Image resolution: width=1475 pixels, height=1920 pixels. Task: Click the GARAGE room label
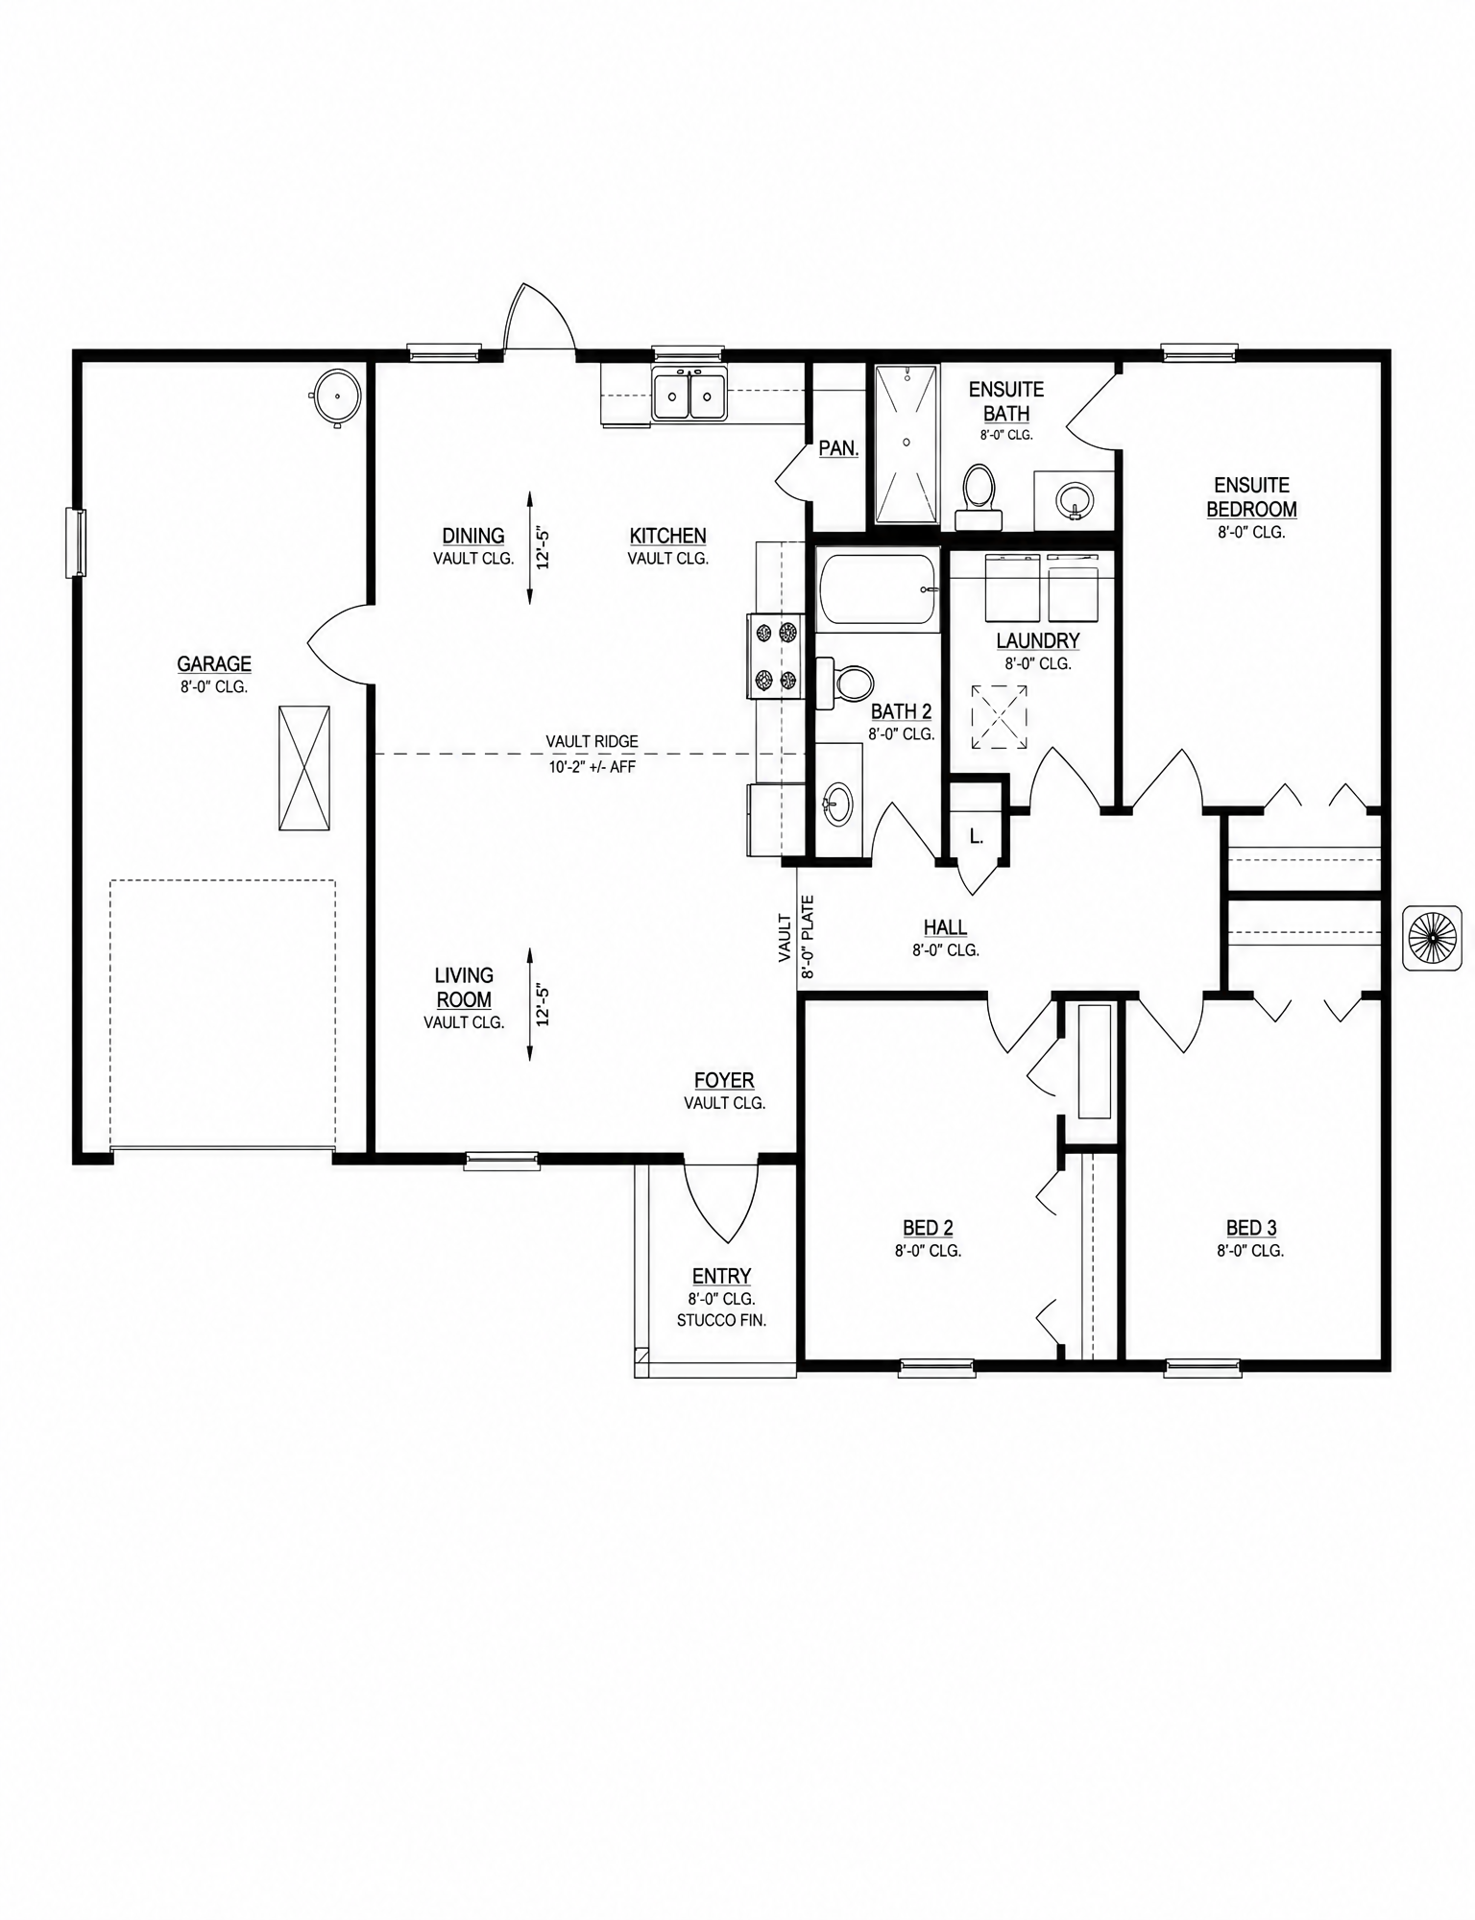click(x=214, y=663)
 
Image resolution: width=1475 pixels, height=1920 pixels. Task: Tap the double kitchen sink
click(x=689, y=394)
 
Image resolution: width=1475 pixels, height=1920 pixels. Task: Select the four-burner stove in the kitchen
click(x=776, y=656)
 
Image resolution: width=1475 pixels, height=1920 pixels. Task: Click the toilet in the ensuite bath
click(x=979, y=496)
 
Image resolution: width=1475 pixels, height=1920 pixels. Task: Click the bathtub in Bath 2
click(x=878, y=589)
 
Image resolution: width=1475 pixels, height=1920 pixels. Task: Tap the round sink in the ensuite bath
click(x=1074, y=499)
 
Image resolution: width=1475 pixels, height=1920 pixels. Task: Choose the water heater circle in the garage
click(x=335, y=396)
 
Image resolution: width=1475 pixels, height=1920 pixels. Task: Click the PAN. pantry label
click(x=838, y=448)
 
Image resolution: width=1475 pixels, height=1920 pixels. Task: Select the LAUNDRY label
click(x=1038, y=640)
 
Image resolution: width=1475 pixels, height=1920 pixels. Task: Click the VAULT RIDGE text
click(x=592, y=741)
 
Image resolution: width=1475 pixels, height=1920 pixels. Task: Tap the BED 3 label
click(x=1251, y=1228)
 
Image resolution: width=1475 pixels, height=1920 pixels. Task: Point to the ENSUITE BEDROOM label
click(x=1251, y=497)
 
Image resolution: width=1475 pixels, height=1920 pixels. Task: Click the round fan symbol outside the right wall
click(x=1433, y=937)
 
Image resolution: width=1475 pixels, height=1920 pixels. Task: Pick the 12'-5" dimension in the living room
click(x=544, y=1004)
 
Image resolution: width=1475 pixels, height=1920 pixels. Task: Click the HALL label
click(x=945, y=927)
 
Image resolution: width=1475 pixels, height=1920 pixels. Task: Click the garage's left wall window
click(x=75, y=542)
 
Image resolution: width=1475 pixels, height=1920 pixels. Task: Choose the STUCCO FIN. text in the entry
click(x=721, y=1320)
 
